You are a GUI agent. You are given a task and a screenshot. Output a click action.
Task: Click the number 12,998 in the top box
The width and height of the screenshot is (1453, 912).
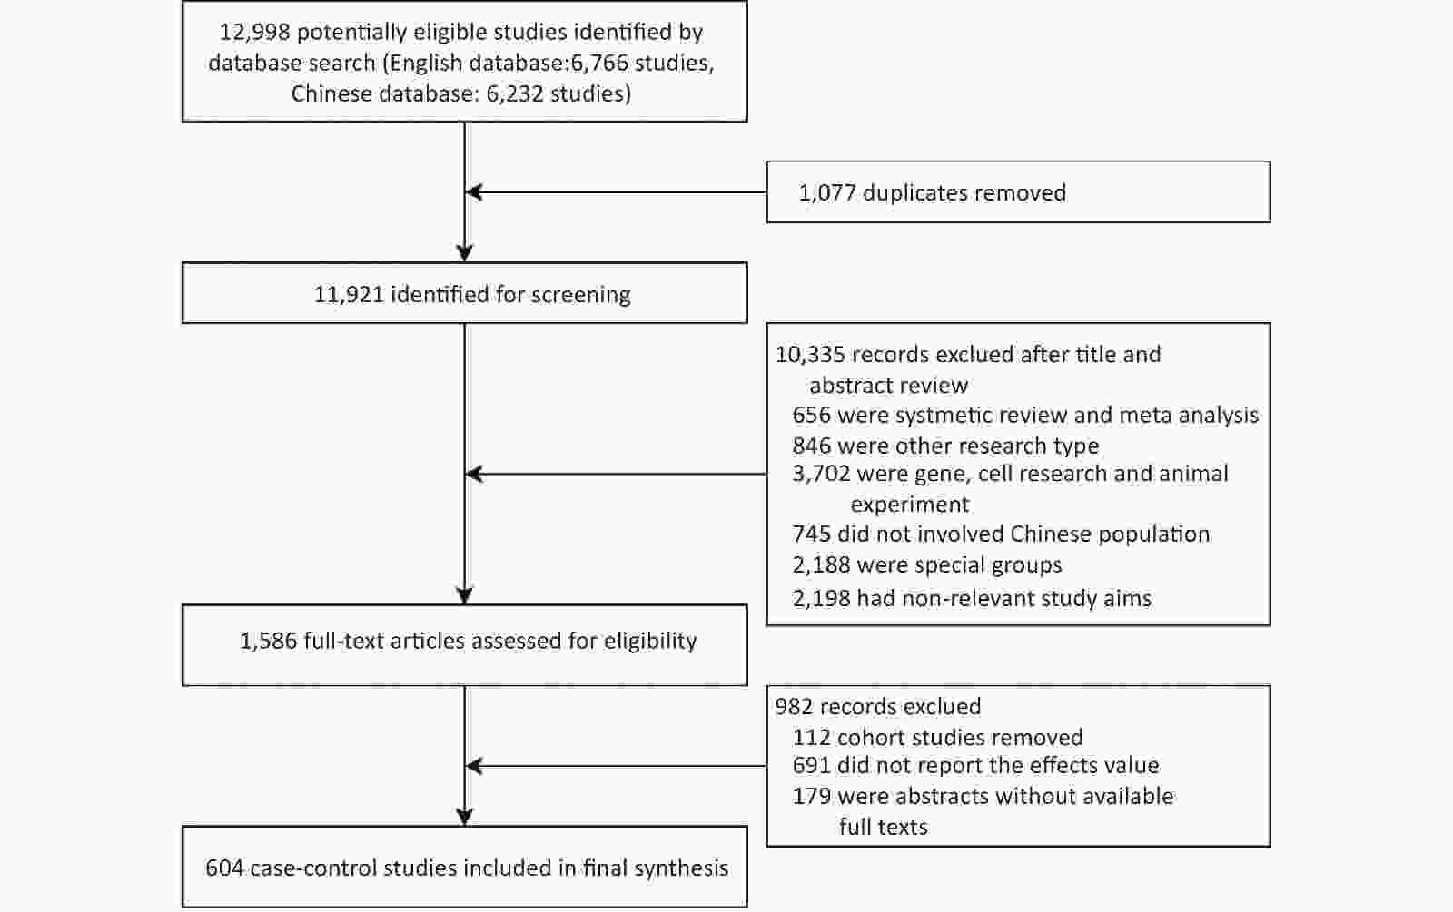254,33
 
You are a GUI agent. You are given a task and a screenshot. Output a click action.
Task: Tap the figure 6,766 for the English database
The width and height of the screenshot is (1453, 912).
599,63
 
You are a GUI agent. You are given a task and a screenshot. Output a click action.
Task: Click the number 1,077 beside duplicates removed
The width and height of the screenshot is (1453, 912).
827,193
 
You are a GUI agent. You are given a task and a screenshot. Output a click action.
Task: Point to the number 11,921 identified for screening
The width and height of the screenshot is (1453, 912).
349,295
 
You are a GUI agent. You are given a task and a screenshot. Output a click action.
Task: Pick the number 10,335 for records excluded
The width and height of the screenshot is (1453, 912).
810,355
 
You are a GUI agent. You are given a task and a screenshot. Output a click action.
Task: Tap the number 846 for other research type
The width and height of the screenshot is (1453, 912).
812,446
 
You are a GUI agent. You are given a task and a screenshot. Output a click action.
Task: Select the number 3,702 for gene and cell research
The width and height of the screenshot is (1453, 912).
821,475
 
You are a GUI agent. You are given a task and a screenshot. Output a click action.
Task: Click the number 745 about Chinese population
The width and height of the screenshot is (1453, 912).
812,534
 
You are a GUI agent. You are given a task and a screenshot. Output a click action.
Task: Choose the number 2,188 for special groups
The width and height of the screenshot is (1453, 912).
821,565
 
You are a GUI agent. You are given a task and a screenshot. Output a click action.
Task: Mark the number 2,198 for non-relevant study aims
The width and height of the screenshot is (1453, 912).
821,598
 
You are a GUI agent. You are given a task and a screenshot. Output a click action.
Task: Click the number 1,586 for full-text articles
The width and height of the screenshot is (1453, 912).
269,641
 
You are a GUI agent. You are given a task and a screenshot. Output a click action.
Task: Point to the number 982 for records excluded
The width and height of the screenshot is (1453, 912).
795,707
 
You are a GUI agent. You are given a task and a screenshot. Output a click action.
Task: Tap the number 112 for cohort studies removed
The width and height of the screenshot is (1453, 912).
812,738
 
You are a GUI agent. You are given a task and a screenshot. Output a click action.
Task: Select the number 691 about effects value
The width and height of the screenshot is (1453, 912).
812,766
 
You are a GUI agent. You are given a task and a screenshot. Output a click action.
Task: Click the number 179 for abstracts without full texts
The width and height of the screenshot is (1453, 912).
812,796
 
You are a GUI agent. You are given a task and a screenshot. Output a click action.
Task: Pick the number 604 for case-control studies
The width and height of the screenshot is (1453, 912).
224,868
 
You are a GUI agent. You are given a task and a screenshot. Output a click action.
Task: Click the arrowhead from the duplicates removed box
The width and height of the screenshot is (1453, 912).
474,192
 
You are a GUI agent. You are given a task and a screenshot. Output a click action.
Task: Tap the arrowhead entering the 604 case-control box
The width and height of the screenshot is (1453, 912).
464,818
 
